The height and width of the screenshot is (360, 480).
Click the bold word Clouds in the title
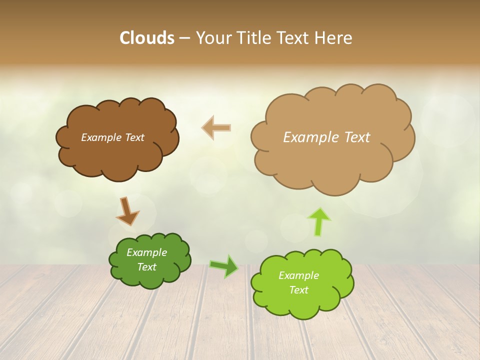click(x=147, y=38)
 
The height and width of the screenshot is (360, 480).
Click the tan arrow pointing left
click(x=216, y=127)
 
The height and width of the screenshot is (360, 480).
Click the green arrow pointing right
click(x=224, y=266)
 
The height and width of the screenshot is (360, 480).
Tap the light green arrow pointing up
click(x=319, y=221)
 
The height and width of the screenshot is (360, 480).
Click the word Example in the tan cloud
click(x=311, y=137)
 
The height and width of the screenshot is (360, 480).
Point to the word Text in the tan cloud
click(x=357, y=137)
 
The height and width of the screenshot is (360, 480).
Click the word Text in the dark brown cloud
click(x=134, y=137)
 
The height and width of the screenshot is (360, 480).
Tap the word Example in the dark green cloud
click(x=146, y=252)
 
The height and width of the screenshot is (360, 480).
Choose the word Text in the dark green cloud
click(x=146, y=267)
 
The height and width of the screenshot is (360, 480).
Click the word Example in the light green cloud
click(x=298, y=275)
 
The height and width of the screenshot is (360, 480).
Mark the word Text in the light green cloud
click(x=298, y=290)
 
